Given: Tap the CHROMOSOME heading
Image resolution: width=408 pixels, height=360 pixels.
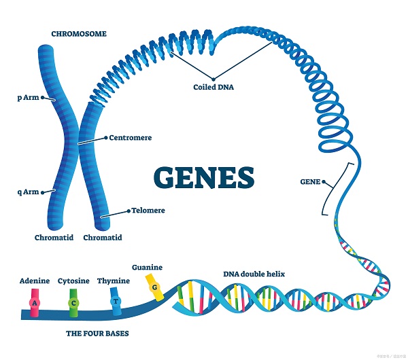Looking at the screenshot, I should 78,33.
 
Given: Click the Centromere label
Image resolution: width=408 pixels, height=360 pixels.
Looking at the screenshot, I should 130,137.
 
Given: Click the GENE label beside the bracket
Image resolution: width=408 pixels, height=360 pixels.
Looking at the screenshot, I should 309,181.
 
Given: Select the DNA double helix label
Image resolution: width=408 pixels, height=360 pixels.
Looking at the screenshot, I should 254,274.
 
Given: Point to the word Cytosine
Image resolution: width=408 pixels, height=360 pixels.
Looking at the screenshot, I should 73,280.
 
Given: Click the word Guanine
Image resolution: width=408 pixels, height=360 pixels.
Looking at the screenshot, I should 148,267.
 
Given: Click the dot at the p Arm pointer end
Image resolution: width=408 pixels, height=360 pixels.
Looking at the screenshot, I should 42,98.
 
